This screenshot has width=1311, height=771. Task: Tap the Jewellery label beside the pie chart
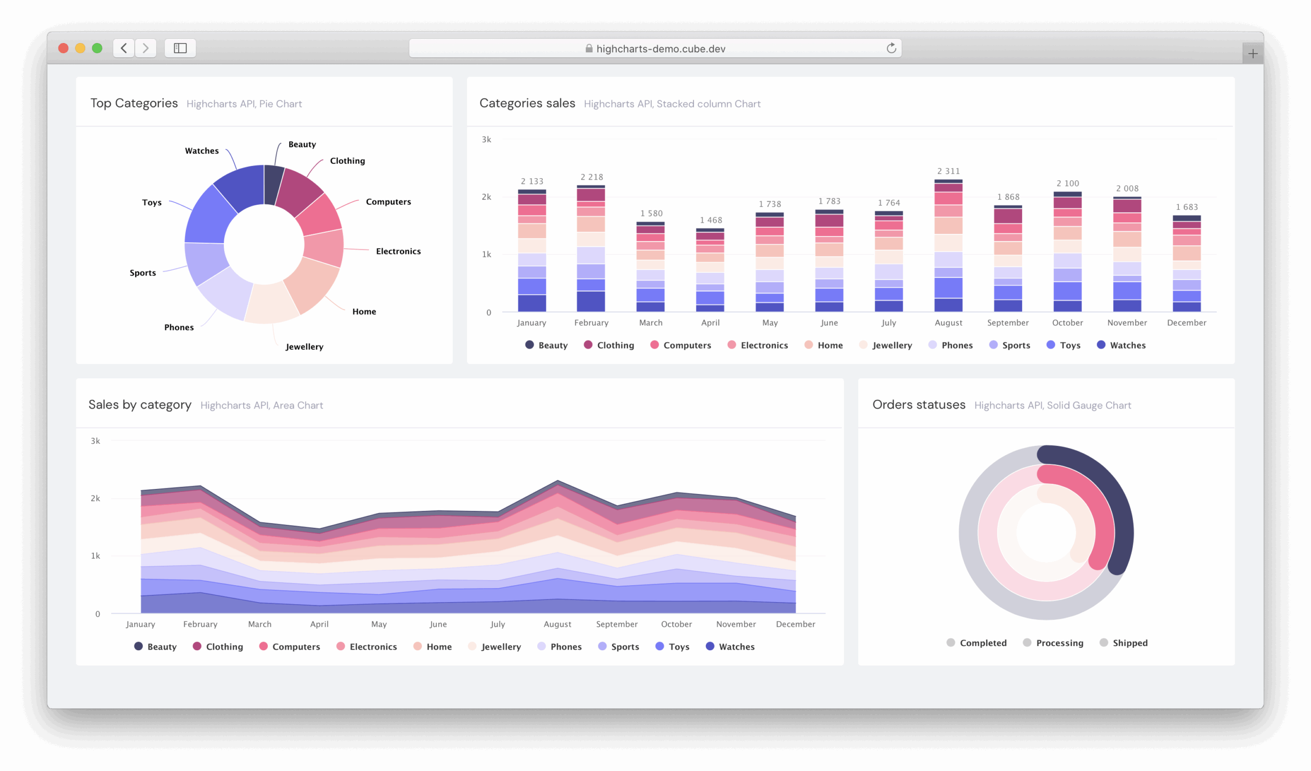[304, 347]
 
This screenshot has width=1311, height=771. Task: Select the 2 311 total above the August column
[948, 171]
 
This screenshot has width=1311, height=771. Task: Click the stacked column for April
[710, 270]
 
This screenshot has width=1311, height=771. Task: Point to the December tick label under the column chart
[1186, 323]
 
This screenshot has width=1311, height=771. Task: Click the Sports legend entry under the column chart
[1010, 345]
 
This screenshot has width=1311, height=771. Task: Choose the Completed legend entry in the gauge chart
[977, 642]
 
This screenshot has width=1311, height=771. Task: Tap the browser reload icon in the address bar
[891, 49]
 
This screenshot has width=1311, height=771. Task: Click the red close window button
[64, 49]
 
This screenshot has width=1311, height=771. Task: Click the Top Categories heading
[134, 103]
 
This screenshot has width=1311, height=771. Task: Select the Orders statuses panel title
[919, 405]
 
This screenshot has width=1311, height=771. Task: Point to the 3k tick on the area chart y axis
[96, 441]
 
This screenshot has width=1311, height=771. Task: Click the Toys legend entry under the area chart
[673, 647]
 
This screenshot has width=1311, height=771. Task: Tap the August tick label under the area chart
[557, 624]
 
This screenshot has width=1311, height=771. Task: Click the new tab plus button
[1253, 54]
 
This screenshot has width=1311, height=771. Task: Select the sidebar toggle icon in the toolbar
[180, 49]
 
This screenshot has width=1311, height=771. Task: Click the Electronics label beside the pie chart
[398, 251]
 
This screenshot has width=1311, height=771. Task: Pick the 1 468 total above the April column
[711, 220]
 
